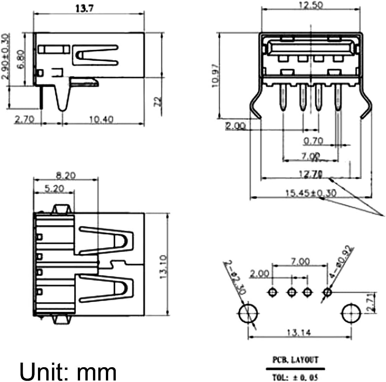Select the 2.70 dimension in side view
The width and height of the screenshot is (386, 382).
pyautogui.click(x=25, y=120)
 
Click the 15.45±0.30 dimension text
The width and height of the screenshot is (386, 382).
pyautogui.click(x=311, y=193)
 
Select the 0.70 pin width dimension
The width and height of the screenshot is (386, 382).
pyautogui.click(x=313, y=141)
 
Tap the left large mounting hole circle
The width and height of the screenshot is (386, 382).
pyautogui.click(x=248, y=314)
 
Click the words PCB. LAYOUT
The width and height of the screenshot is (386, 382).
pyautogui.click(x=295, y=359)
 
